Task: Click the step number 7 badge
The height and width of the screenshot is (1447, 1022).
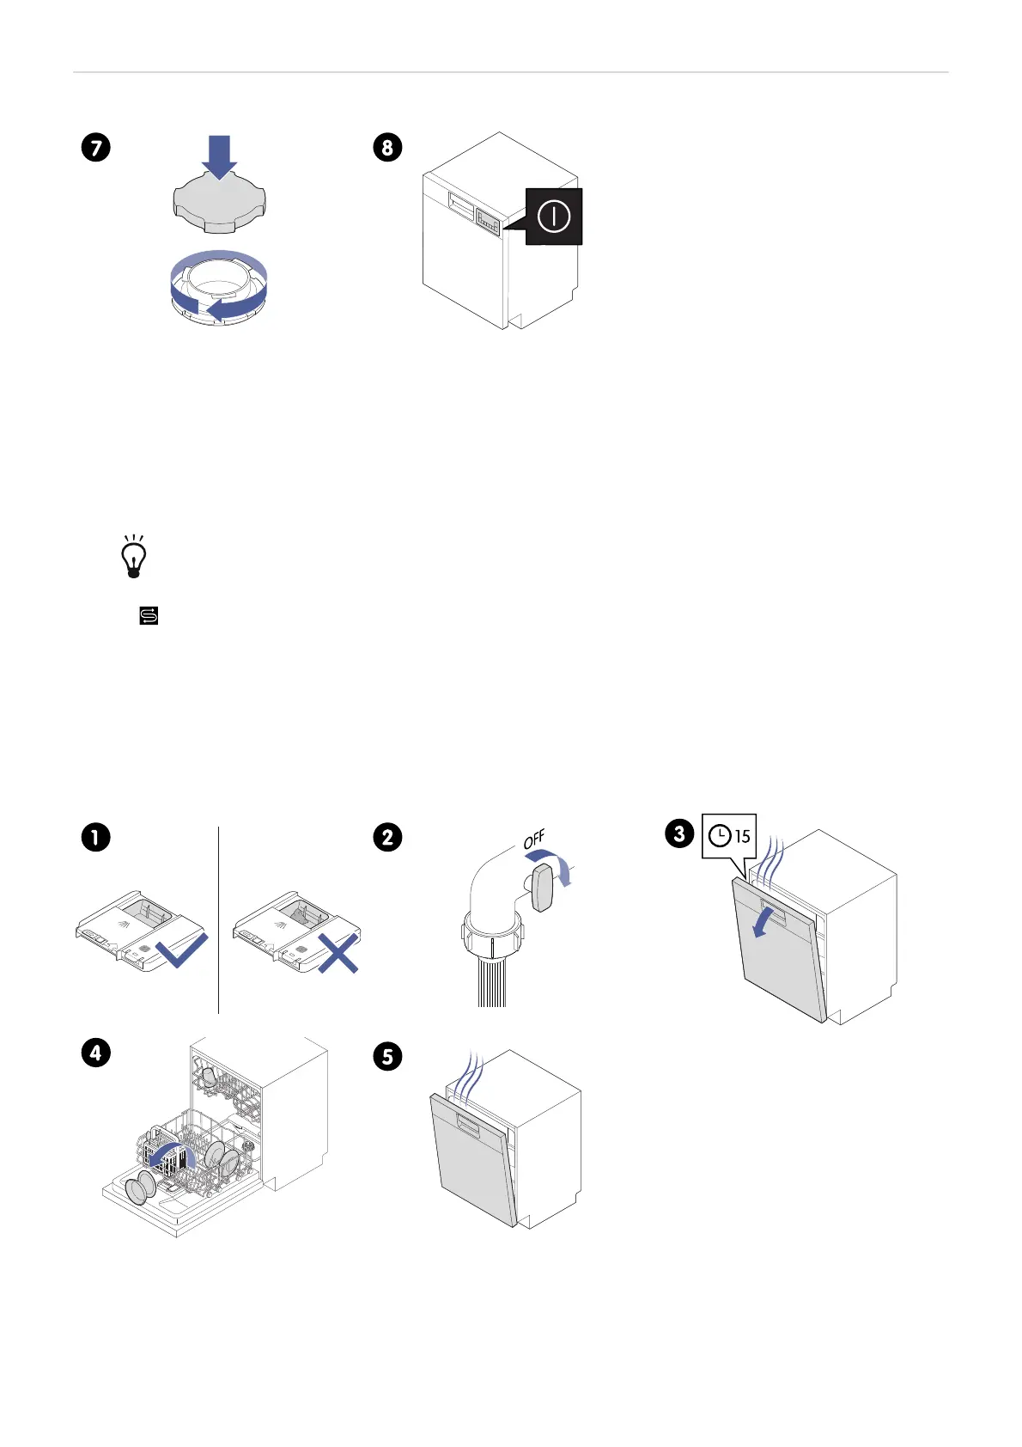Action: point(96,148)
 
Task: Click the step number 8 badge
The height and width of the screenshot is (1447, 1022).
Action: point(387,148)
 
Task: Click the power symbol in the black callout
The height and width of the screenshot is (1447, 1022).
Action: point(554,217)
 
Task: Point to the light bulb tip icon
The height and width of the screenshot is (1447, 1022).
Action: point(134,558)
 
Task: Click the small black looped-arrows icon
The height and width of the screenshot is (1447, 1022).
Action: point(149,615)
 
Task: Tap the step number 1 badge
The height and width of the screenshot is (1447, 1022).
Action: point(96,837)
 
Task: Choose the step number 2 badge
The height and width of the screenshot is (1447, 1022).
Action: point(387,837)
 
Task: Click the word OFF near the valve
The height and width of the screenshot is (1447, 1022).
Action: point(534,840)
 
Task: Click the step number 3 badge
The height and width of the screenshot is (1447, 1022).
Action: point(679,833)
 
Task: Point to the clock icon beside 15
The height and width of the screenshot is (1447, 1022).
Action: point(721,835)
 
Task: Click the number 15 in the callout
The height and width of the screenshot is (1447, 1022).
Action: point(742,835)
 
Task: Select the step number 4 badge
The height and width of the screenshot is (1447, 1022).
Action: point(96,1053)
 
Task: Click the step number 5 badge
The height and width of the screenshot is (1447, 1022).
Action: point(387,1055)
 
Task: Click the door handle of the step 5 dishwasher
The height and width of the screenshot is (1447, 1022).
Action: point(469,1122)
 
